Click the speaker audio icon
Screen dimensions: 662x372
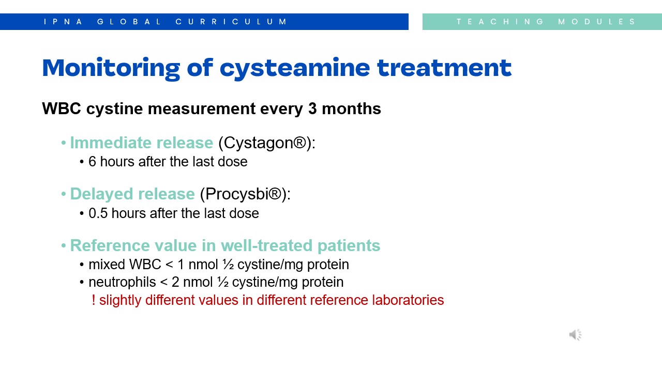tap(575, 334)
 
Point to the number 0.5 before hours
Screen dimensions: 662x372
tap(98, 213)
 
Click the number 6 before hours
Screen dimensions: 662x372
tap(92, 162)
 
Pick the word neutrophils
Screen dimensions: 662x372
tap(122, 282)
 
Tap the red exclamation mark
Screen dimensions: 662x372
tap(94, 300)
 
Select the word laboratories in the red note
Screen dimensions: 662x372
tap(408, 300)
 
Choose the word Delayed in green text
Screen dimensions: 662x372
tap(101, 194)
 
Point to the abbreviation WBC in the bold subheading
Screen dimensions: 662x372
tap(62, 109)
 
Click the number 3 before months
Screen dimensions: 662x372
tap(312, 109)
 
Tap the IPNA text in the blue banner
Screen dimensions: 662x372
tap(63, 22)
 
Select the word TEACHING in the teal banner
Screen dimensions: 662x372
tap(500, 22)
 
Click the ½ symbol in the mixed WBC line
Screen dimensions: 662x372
tap(228, 265)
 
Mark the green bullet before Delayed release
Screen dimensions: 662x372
tap(63, 194)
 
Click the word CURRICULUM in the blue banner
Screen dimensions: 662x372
tap(231, 22)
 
